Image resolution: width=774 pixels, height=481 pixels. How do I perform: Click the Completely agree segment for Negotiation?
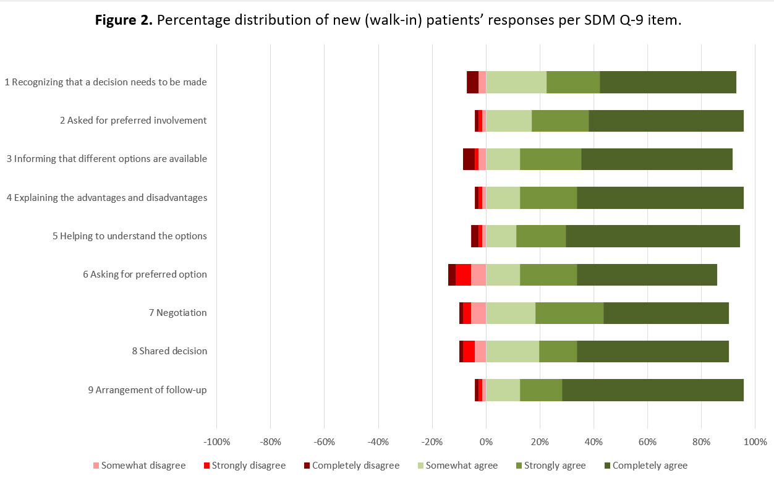coord(666,313)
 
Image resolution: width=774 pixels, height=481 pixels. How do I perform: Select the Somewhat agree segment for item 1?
coord(516,82)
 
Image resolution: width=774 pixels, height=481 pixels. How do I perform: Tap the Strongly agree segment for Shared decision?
coord(558,351)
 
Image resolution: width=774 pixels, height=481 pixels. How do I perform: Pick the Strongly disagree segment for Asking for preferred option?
coord(463,275)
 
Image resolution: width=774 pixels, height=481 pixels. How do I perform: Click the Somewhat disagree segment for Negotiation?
coord(478,313)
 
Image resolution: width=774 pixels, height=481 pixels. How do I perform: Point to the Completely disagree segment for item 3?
coord(469,159)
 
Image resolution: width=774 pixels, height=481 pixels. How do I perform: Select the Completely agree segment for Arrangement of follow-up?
coord(653,390)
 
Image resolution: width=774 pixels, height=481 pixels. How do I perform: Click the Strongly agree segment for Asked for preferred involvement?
coord(560,121)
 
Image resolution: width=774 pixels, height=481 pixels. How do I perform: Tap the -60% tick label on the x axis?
coord(325,443)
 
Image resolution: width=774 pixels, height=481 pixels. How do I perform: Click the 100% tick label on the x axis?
coord(754,443)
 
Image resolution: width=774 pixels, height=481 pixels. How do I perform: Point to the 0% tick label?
coord(486,443)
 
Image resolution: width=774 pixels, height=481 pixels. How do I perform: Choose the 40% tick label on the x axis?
coord(593,443)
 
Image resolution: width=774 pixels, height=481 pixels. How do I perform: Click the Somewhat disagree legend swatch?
coord(96,466)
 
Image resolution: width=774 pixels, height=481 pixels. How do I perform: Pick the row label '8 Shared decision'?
coord(169,351)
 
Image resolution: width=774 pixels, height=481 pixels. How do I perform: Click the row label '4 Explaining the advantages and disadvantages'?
coord(107,198)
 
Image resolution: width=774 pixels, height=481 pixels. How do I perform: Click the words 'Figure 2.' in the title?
coord(124,20)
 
